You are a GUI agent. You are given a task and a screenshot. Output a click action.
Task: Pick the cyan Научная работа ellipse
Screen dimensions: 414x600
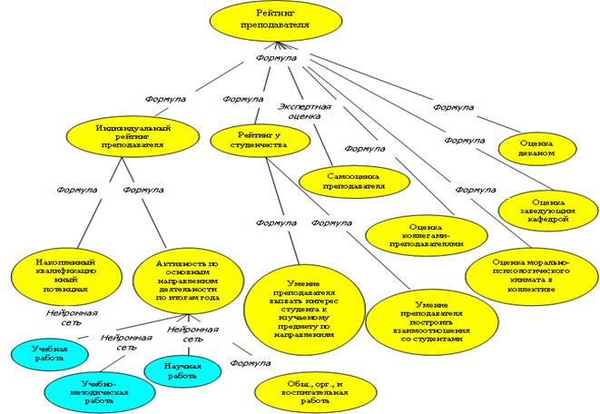click(x=182, y=369)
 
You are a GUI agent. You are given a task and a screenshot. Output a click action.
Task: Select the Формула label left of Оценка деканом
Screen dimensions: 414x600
click(x=453, y=107)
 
